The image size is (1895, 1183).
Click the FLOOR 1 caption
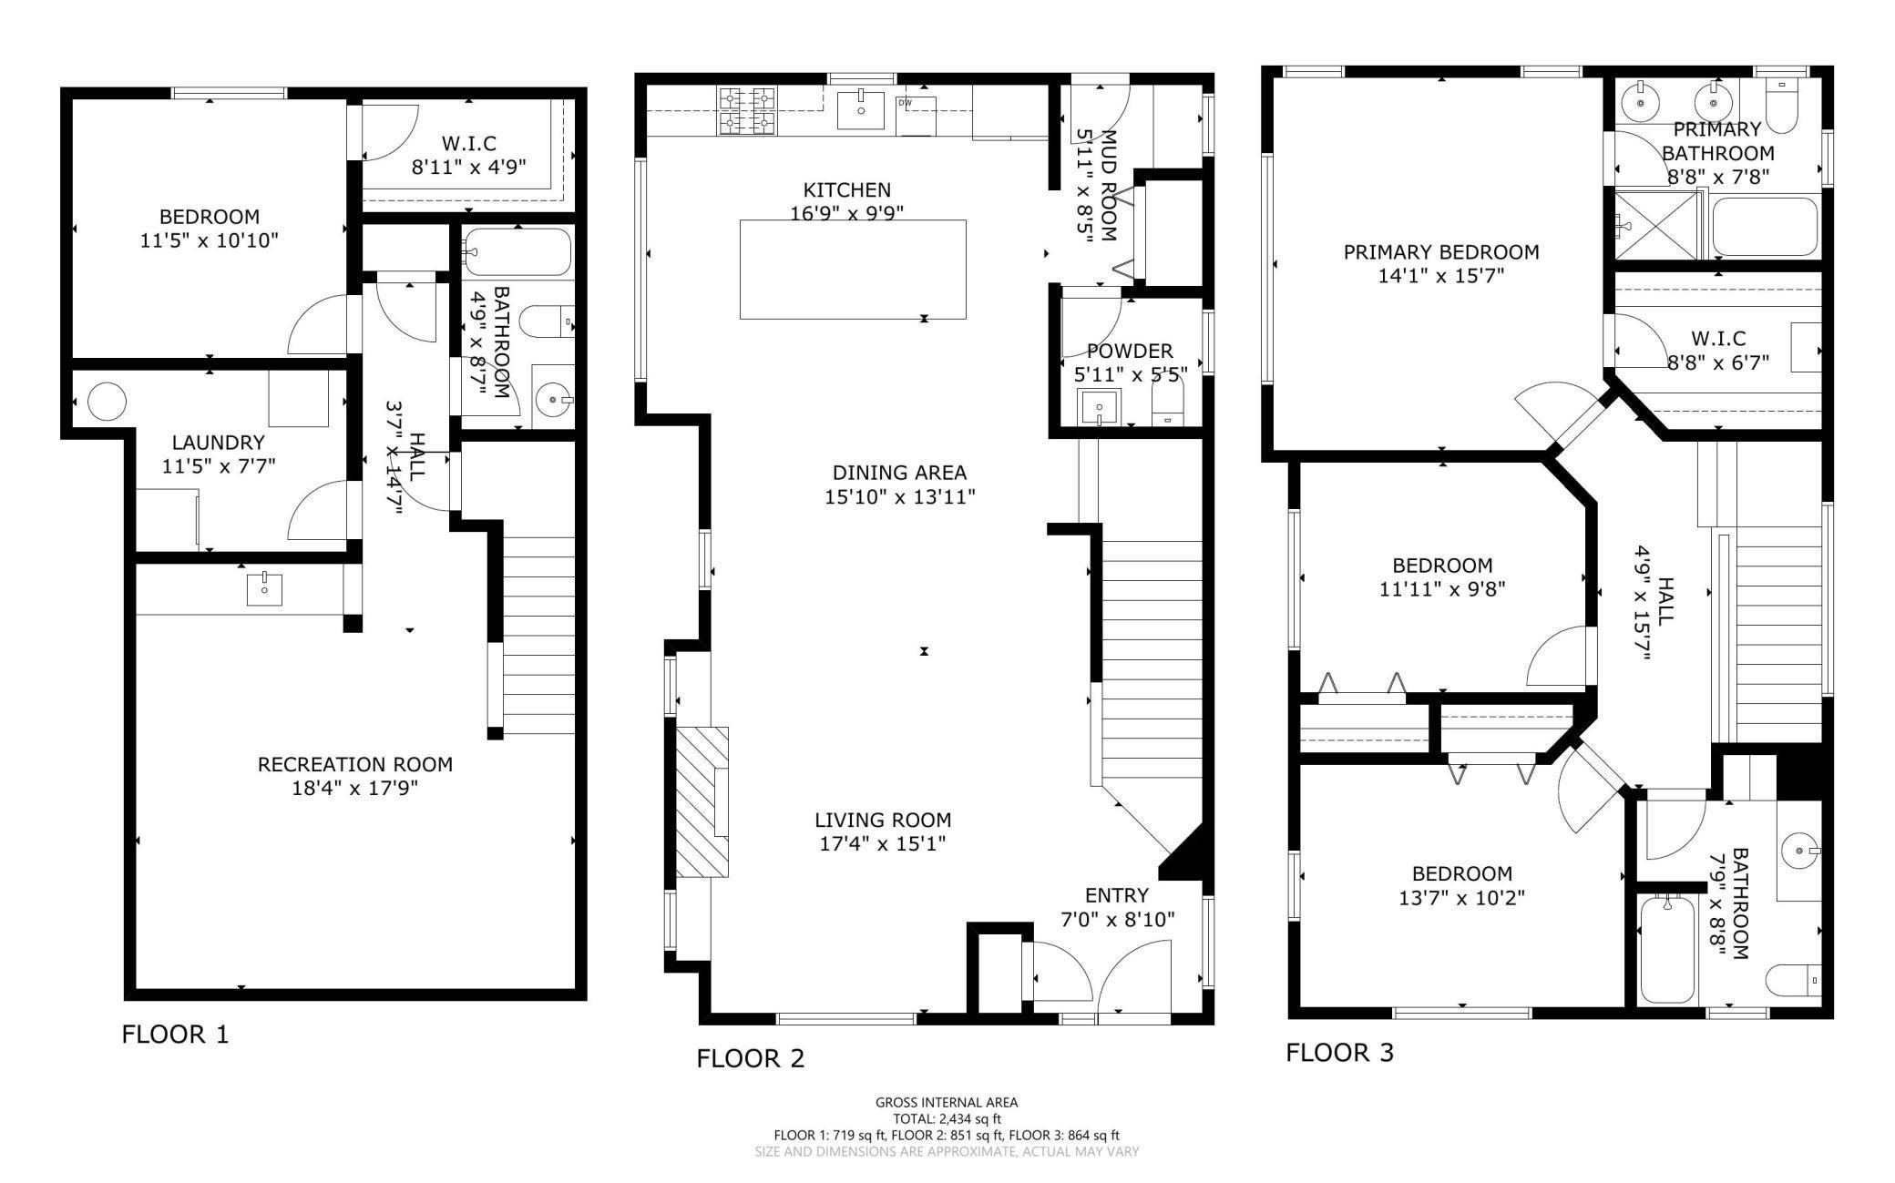tap(175, 1035)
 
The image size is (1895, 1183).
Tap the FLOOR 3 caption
tap(1339, 1053)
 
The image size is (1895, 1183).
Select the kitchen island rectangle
tap(853, 270)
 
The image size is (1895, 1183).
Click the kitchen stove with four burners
tap(747, 109)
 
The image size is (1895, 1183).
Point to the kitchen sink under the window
tap(860, 110)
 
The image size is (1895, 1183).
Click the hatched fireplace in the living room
tap(702, 801)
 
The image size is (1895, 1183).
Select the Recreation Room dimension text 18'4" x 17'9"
tap(354, 788)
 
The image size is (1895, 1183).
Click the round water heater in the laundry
tap(107, 401)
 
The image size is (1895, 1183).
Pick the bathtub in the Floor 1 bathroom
tap(517, 251)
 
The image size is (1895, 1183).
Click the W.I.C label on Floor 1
tap(468, 144)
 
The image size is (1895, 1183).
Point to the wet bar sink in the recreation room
tap(264, 589)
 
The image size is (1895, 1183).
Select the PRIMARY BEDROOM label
tap(1440, 252)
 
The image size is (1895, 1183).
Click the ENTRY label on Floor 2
tap(1116, 895)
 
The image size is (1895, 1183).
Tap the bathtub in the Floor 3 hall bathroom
tap(1667, 950)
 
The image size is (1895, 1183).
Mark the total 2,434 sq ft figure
tap(947, 1119)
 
